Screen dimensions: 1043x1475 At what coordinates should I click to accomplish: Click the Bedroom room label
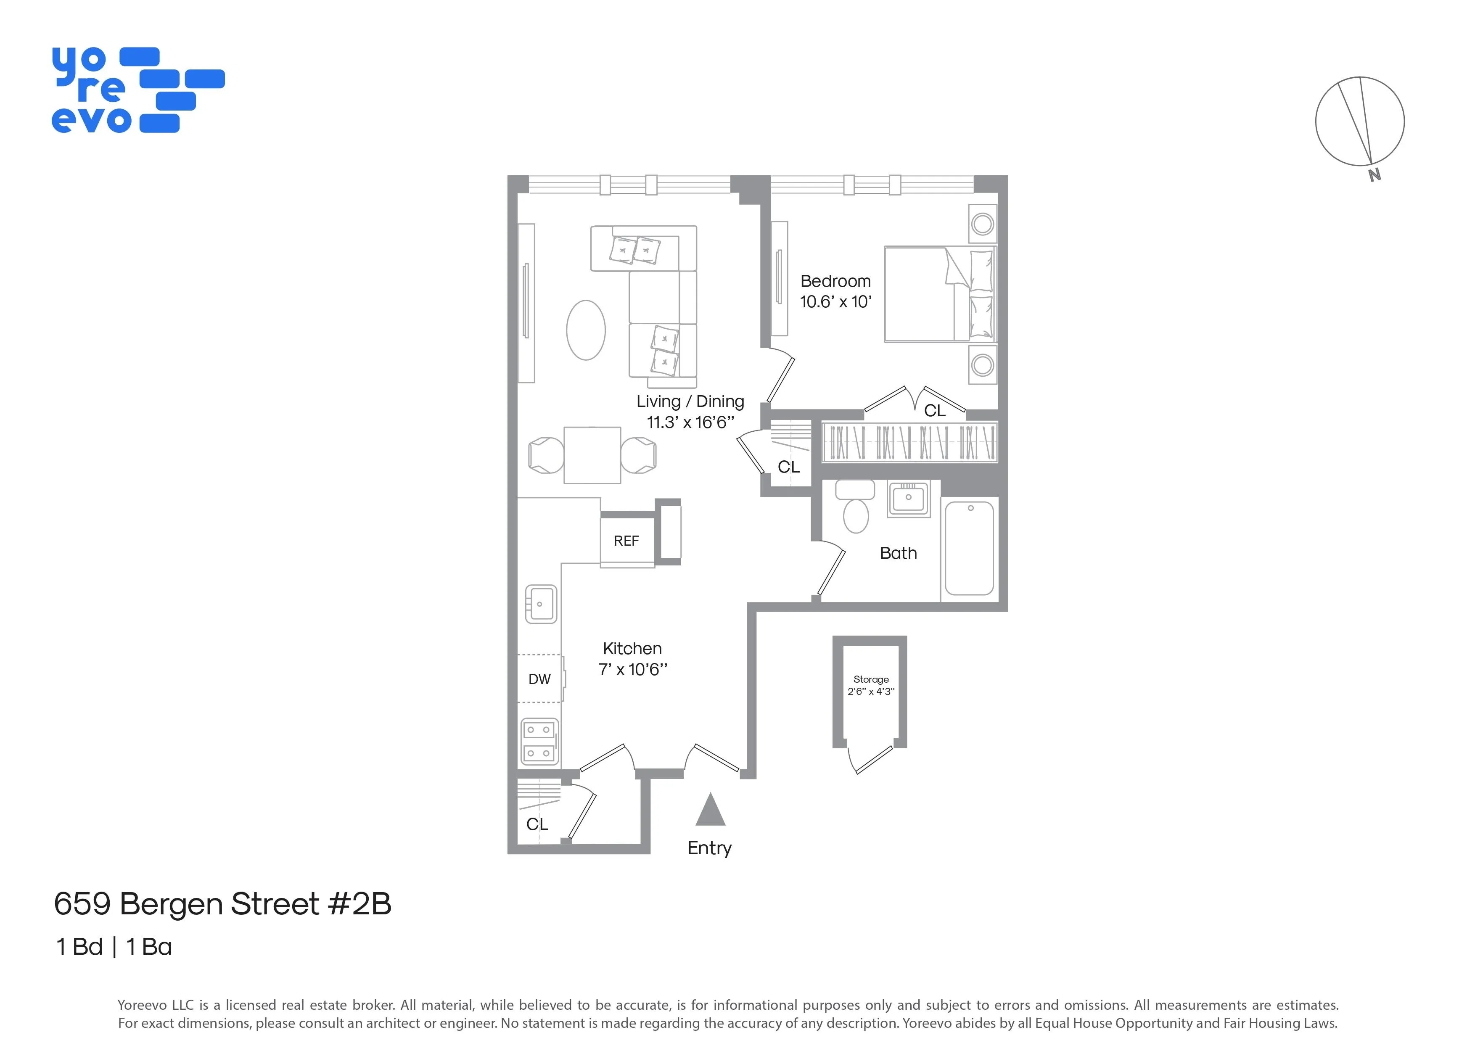point(835,281)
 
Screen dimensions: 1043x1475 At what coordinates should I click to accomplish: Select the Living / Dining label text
point(690,401)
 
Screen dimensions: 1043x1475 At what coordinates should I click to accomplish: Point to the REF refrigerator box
point(627,541)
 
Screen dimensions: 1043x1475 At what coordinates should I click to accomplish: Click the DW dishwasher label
point(539,679)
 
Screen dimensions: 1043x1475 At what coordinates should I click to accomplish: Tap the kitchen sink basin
point(541,604)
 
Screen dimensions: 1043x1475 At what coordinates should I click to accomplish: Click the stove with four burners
point(539,741)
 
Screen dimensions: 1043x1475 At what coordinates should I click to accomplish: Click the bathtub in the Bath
point(970,549)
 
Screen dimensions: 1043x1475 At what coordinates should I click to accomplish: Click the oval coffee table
point(585,330)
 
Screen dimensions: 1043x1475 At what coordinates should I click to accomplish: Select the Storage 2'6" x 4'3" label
point(870,685)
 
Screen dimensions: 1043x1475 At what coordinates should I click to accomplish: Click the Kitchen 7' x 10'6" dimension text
point(633,669)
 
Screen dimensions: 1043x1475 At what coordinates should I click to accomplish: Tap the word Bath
point(898,553)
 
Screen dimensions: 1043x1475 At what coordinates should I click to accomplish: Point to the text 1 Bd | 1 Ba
point(114,947)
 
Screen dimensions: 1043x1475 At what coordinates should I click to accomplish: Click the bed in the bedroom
point(938,294)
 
